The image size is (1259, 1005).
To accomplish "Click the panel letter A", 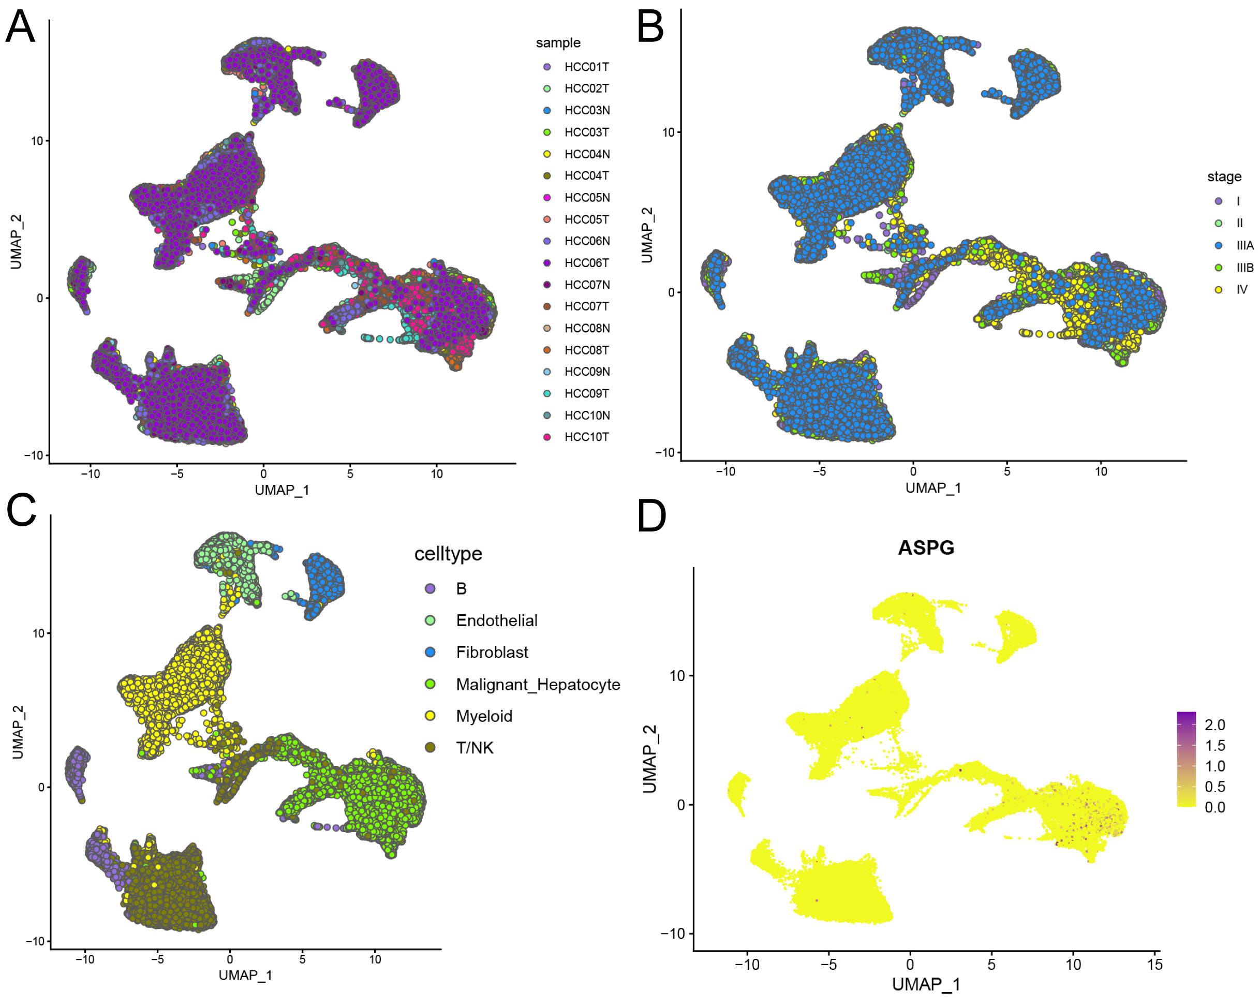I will click(x=20, y=27).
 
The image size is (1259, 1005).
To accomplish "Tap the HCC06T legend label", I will click(x=586, y=263).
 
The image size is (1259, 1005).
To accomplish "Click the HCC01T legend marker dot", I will click(x=547, y=67).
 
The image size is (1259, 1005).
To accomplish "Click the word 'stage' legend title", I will click(x=1224, y=176).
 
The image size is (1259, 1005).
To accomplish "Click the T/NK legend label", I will click(x=474, y=747).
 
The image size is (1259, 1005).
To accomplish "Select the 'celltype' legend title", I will click(x=448, y=554).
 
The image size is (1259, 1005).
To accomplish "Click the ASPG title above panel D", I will click(x=926, y=548).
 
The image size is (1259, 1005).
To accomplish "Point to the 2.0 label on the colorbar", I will click(x=1214, y=725).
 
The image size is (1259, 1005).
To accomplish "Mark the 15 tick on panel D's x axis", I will click(x=1154, y=964).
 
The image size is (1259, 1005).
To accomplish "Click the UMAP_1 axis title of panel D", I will click(x=926, y=985).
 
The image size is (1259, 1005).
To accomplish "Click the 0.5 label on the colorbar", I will click(x=1214, y=787).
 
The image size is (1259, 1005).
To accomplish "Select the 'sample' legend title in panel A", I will click(x=558, y=42).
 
